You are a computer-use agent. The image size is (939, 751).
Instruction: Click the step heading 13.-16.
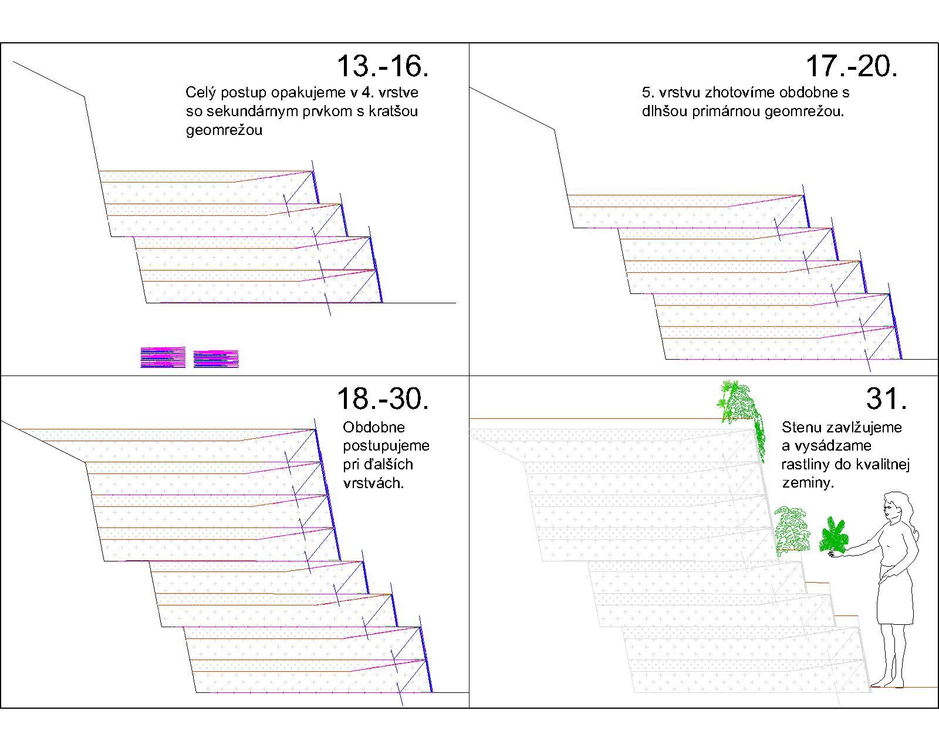pyautogui.click(x=383, y=66)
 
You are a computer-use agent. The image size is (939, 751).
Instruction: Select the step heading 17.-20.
pyautogui.click(x=852, y=66)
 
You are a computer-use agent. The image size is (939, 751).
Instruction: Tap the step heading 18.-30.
pyautogui.click(x=383, y=398)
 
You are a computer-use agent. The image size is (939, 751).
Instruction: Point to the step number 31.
pyautogui.click(x=886, y=398)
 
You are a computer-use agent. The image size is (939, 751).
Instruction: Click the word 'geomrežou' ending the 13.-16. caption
pyautogui.click(x=224, y=130)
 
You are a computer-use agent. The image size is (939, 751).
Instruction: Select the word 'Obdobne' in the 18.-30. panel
pyautogui.click(x=373, y=427)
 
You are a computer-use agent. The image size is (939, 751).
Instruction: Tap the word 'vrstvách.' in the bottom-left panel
pyautogui.click(x=373, y=483)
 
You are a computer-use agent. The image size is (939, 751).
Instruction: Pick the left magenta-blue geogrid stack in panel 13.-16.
pyautogui.click(x=163, y=357)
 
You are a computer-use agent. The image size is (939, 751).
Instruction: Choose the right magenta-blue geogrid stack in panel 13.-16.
pyautogui.click(x=216, y=358)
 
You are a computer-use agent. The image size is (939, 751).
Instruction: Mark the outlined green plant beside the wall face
pyautogui.click(x=792, y=530)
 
